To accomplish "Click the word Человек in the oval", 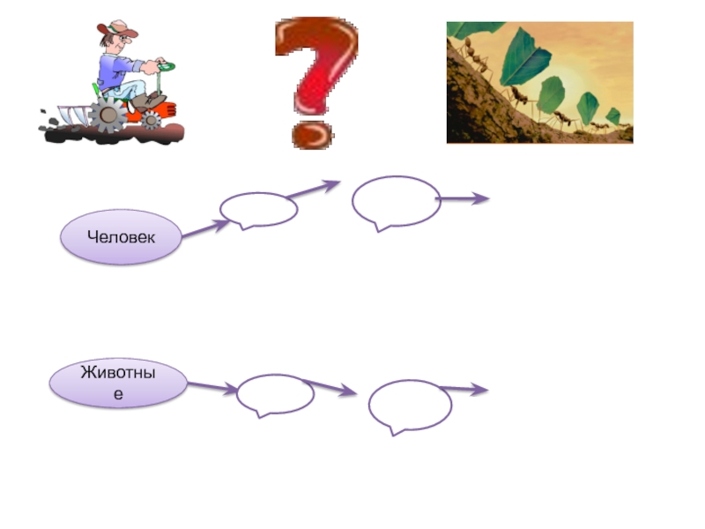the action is pyautogui.click(x=121, y=237).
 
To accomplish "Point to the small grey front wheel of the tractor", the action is pyautogui.click(x=152, y=121).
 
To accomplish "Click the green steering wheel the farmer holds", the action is pyautogui.click(x=165, y=66).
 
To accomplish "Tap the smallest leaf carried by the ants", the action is pyautogui.click(x=613, y=115).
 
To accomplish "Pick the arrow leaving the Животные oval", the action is pyautogui.click(x=211, y=387).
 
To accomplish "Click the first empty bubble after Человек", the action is pyautogui.click(x=258, y=210).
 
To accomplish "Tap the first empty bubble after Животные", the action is pyautogui.click(x=275, y=394).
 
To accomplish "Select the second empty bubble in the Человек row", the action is pyautogui.click(x=396, y=201).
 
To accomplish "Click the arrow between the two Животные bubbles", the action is pyautogui.click(x=330, y=387).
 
